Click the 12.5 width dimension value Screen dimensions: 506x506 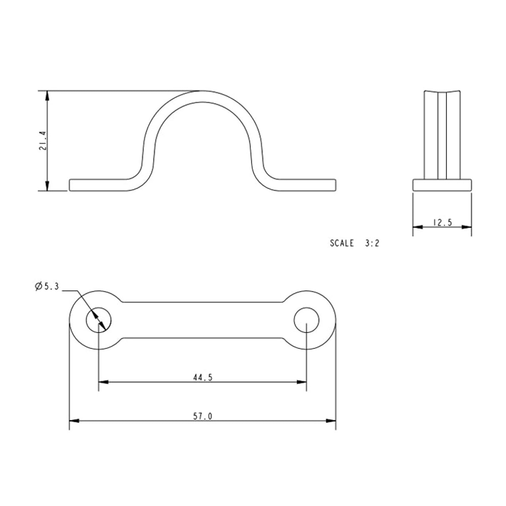442,223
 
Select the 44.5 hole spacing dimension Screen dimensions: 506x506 203,378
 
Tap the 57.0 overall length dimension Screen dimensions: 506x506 203,416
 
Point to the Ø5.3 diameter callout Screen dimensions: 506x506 47,286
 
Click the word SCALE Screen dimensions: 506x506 342,243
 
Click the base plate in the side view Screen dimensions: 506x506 442,185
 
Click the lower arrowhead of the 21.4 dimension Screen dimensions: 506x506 48,187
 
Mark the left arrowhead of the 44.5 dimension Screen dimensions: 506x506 103,382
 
